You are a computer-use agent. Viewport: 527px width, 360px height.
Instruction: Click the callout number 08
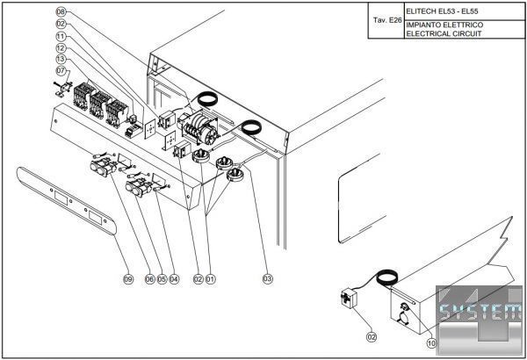(61, 11)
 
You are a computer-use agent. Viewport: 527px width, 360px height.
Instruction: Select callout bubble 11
(61, 36)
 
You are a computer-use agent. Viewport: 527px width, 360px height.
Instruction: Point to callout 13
(61, 58)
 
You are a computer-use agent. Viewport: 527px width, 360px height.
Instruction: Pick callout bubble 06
(150, 279)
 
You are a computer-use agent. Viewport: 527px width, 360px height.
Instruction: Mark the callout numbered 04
(174, 279)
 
